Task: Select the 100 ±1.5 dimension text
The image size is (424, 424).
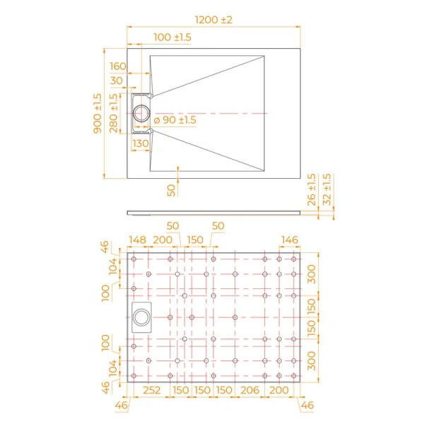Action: pyautogui.click(x=172, y=37)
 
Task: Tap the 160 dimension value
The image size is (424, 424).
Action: pyautogui.click(x=117, y=66)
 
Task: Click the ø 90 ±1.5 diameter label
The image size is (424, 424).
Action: pyautogui.click(x=174, y=120)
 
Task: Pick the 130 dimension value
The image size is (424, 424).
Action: pyautogui.click(x=140, y=143)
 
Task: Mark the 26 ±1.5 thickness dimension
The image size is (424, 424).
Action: pyautogui.click(x=312, y=191)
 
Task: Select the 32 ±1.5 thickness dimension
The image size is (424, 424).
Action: pyautogui.click(x=326, y=190)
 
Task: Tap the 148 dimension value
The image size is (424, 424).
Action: pyautogui.click(x=137, y=240)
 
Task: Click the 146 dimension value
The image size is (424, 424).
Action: pyautogui.click(x=290, y=240)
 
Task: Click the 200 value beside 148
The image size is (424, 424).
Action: pyautogui.click(x=163, y=240)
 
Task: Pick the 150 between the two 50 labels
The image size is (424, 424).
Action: pyautogui.click(x=195, y=240)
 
